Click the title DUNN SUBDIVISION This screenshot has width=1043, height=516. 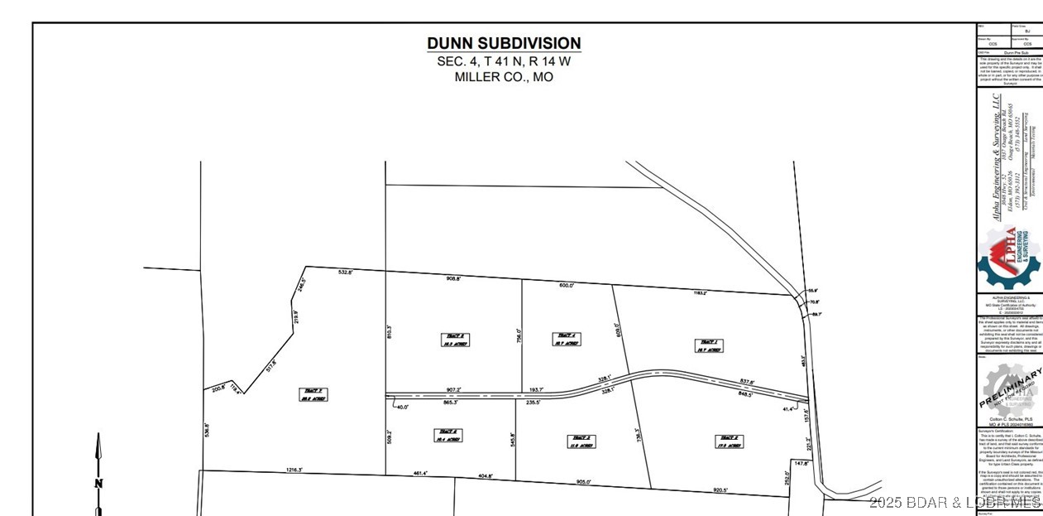pyautogui.click(x=504, y=43)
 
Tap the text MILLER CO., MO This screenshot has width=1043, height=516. pyautogui.click(x=504, y=77)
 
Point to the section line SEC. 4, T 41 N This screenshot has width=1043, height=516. pyautogui.click(x=504, y=60)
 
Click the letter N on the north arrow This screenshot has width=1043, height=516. pyautogui.click(x=98, y=484)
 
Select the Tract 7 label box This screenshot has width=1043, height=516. pyautogui.click(x=312, y=394)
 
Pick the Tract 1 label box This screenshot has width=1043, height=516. pyautogui.click(x=709, y=345)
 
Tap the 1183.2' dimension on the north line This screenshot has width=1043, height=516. pyautogui.click(x=699, y=292)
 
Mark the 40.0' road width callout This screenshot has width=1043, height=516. pyautogui.click(x=403, y=407)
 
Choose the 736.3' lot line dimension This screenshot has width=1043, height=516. pyautogui.click(x=637, y=436)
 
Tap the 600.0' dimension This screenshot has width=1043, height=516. pyautogui.click(x=566, y=285)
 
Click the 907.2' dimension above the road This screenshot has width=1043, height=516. pyautogui.click(x=452, y=389)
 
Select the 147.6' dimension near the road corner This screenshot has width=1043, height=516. pyautogui.click(x=801, y=464)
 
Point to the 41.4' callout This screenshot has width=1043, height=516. pyautogui.click(x=788, y=409)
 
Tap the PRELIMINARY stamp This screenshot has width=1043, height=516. pyautogui.click(x=1010, y=387)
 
